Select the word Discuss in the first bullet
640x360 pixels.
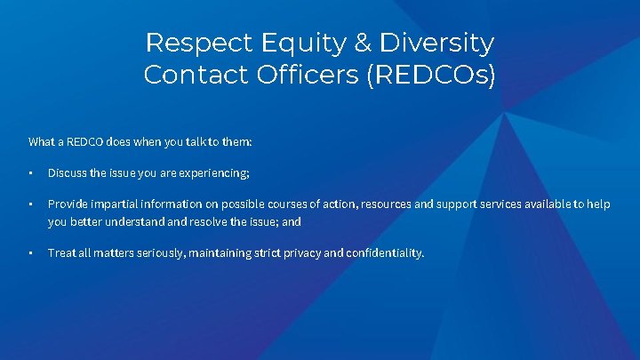pyautogui.click(x=67, y=172)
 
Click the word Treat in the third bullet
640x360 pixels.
pyautogui.click(x=61, y=252)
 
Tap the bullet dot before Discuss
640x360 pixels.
pyautogui.click(x=30, y=172)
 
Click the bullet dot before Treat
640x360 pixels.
pyautogui.click(x=30, y=253)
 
